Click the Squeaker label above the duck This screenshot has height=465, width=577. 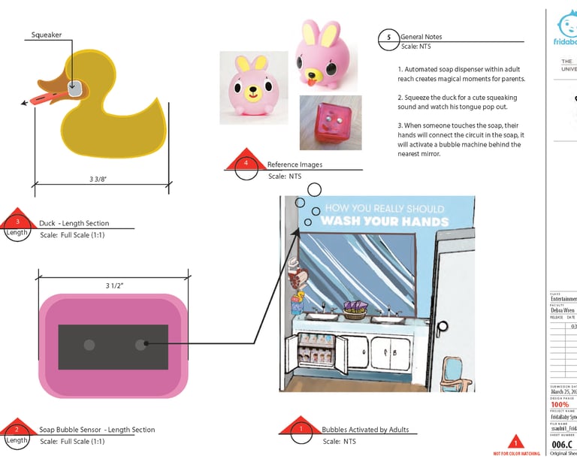coord(47,35)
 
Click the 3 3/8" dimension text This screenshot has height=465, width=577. coord(98,179)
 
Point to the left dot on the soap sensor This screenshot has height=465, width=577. coord(89,345)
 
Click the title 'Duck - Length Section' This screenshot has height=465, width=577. coord(74,223)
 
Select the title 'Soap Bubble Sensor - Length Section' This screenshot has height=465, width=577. coord(97,430)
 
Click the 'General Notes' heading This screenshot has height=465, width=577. coord(421,36)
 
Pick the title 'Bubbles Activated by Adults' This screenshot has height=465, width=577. coord(365,430)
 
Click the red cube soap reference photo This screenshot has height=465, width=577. coord(331,122)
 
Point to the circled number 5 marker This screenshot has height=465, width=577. coord(388,38)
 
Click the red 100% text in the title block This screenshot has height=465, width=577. coord(560,404)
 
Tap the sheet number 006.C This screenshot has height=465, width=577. coord(561,444)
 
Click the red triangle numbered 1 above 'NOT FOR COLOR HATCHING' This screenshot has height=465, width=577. coord(515,442)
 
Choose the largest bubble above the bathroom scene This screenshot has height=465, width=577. coord(315,189)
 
